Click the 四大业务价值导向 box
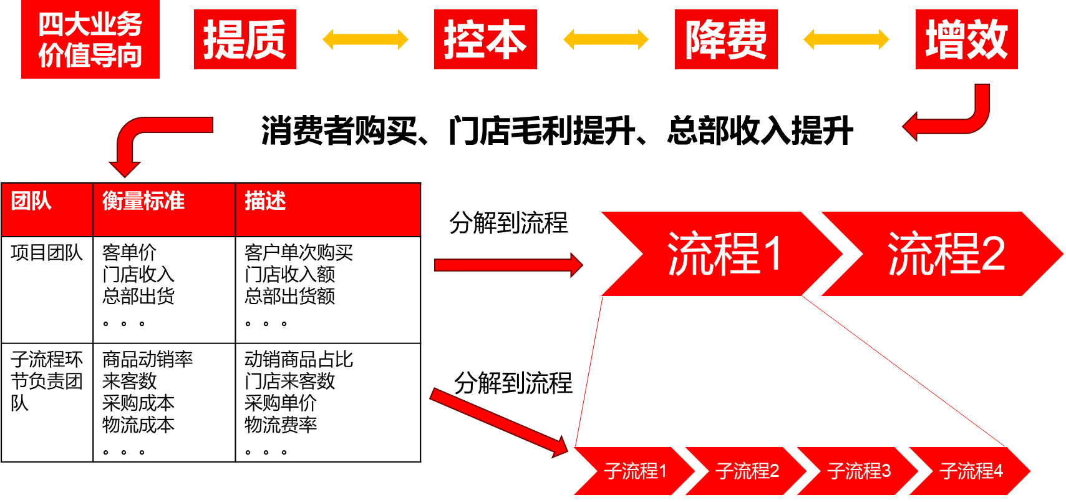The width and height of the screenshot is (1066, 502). (90, 39)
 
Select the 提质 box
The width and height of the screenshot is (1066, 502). (245, 39)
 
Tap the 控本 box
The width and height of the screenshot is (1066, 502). (485, 39)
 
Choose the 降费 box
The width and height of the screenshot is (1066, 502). (726, 39)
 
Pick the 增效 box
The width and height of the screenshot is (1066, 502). (966, 39)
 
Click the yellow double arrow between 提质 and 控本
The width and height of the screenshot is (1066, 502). (365, 39)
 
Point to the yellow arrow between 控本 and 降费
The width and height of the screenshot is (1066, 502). (606, 39)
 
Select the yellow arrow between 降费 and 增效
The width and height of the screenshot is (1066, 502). (846, 39)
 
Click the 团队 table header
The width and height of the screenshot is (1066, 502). (47, 209)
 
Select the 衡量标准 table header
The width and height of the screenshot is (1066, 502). (163, 209)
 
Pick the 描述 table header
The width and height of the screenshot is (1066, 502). (327, 209)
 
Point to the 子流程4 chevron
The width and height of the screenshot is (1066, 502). (971, 471)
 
